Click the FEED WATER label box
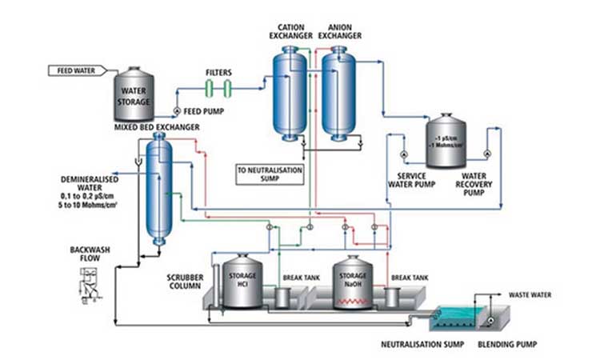point(76,70)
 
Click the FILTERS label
point(218,71)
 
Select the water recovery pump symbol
point(485,152)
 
